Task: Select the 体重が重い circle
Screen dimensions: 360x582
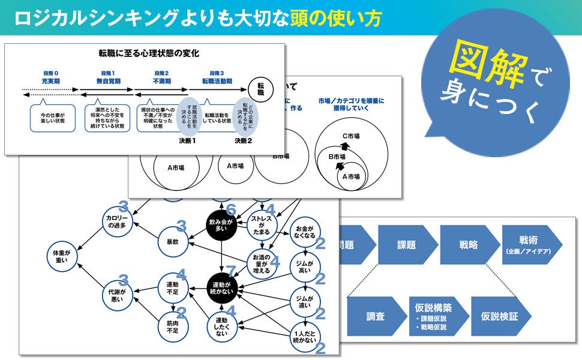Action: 61,256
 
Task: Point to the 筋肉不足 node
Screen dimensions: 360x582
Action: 173,326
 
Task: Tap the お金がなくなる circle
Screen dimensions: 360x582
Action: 305,232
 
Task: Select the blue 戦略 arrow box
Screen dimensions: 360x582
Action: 469,245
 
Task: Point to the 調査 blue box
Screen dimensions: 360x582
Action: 376,315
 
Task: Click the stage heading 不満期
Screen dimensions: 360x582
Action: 161,80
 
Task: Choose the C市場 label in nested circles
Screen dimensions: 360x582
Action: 350,136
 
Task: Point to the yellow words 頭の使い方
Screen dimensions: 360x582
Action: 335,18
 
